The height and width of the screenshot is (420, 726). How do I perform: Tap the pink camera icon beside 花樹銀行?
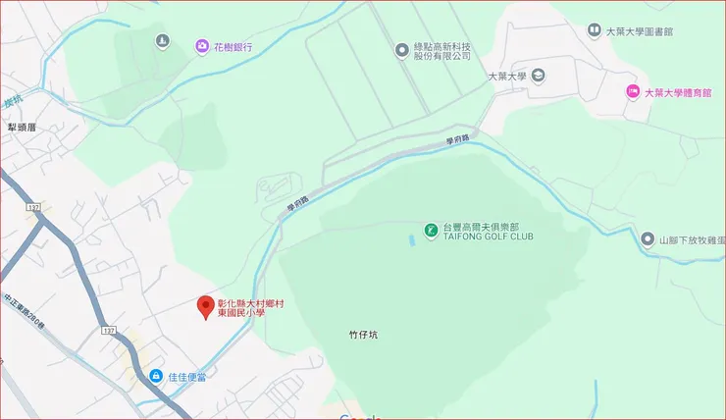[201, 46]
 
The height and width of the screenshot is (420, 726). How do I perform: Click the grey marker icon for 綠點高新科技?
[400, 50]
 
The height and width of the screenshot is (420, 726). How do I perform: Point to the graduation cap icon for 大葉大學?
[540, 76]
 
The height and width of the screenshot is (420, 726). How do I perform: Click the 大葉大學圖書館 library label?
[640, 31]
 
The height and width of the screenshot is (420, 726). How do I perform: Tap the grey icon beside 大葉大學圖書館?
[594, 31]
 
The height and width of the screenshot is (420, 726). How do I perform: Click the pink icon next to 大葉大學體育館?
[633, 92]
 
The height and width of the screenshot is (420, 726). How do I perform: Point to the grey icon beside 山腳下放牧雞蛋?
[648, 239]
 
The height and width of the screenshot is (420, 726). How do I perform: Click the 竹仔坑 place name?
[363, 335]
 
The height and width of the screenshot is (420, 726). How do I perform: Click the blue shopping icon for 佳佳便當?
[155, 376]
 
